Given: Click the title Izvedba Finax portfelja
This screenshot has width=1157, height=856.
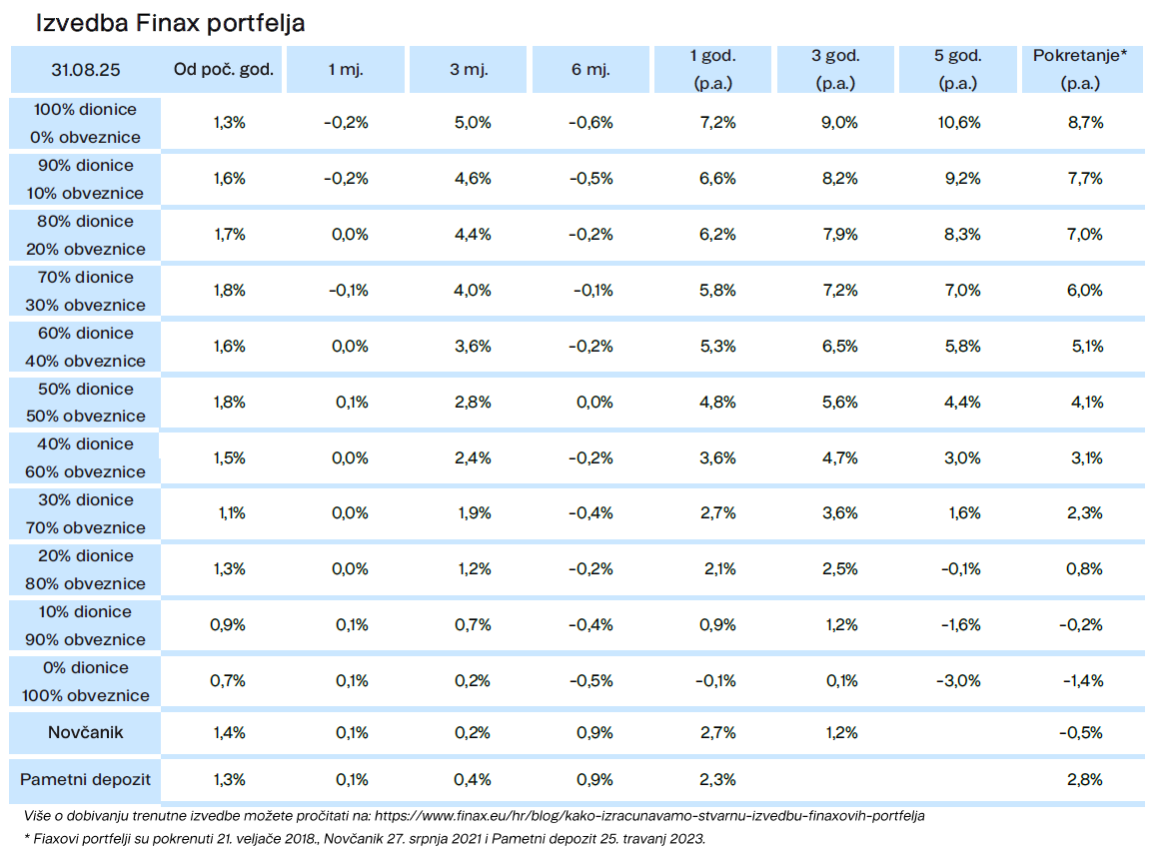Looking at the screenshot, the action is pos(171,24).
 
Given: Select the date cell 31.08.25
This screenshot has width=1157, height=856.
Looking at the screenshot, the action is pos(86,69).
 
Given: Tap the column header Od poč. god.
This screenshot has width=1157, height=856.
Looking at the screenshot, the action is pos(224,69).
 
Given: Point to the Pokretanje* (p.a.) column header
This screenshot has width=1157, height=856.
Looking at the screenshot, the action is pos(1080,69).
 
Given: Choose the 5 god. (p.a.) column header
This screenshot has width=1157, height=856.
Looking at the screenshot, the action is pos(958,69).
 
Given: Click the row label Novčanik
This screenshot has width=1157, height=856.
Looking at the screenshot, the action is pos(86,732).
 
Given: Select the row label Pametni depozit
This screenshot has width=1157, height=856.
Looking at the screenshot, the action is pos(86,779).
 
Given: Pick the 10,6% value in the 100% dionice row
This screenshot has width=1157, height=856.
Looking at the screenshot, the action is pos(959,123).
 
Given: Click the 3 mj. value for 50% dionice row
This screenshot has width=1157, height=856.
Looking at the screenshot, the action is pos(473,403).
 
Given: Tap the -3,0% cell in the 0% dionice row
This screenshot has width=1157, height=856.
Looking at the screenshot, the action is pos(958,680).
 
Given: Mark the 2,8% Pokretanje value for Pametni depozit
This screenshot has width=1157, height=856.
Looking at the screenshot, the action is pos(1085,779).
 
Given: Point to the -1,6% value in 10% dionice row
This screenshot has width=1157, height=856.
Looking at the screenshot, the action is pos(961,625).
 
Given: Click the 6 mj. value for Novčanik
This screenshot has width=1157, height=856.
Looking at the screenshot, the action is pos(594,733).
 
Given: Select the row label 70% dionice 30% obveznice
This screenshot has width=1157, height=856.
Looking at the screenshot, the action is pos(86,291).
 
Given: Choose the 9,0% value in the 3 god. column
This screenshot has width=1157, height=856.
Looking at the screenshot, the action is pos(839,123).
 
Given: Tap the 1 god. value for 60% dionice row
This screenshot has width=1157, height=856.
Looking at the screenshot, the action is pos(718,346).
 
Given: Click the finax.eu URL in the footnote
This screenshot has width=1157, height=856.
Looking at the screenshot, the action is pos(649,816).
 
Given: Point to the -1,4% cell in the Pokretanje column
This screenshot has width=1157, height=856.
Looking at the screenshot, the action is pos(1083,680).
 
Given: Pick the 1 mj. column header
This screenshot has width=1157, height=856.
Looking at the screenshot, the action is pos(346,69).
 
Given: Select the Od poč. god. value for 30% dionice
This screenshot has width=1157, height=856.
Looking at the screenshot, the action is pos(232,512).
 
